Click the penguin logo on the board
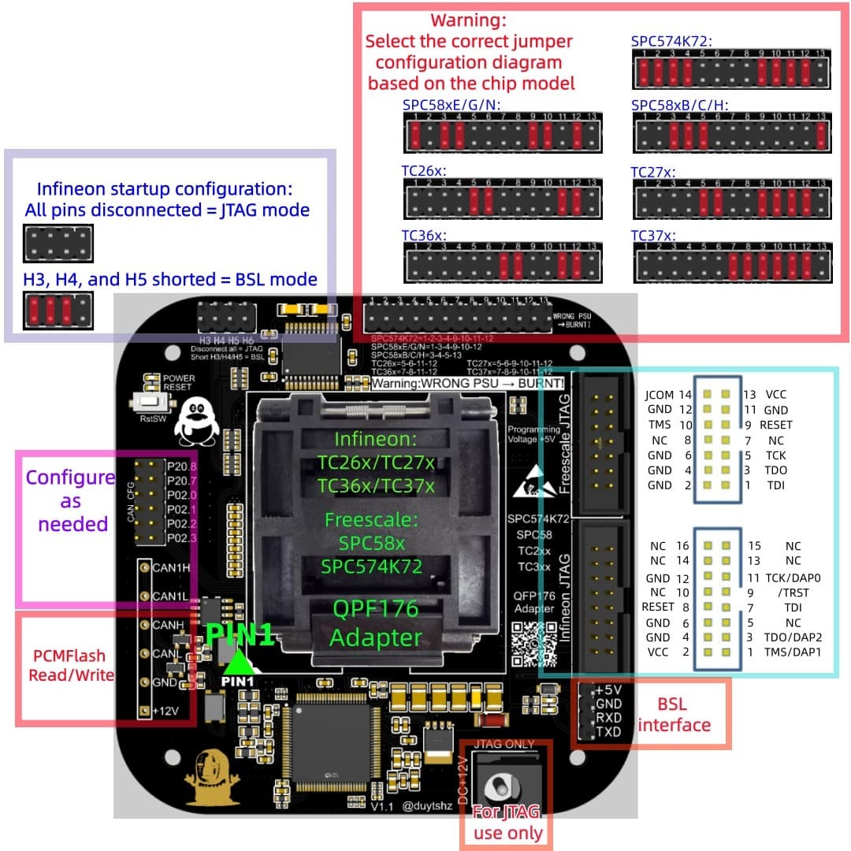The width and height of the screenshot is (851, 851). [x=194, y=422]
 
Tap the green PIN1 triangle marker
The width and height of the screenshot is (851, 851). [x=237, y=660]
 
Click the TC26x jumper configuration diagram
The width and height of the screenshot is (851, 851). [x=501, y=197]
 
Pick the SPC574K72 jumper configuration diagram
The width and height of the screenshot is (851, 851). [x=730, y=72]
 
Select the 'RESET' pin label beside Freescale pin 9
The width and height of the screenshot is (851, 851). [x=775, y=425]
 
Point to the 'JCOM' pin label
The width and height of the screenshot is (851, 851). [x=659, y=394]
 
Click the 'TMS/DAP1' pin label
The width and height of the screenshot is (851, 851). [x=793, y=652]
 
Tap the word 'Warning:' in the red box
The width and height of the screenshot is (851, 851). [x=468, y=19]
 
